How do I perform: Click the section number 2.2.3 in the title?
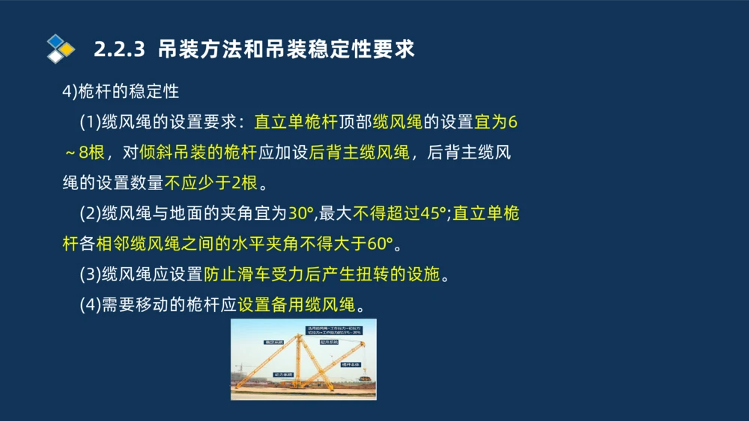pyautogui.click(x=118, y=49)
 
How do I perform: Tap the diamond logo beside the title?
pyautogui.click(x=60, y=49)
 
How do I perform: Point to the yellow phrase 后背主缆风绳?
pyautogui.click(x=360, y=153)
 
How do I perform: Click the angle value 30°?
pyautogui.click(x=301, y=214)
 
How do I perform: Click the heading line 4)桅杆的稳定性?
pyautogui.click(x=121, y=91)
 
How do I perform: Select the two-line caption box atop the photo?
pyautogui.click(x=335, y=331)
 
